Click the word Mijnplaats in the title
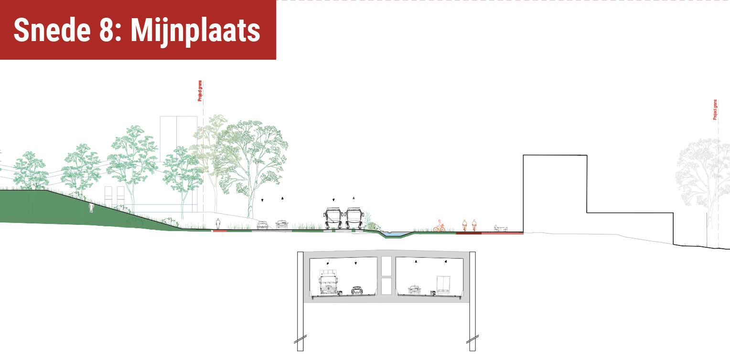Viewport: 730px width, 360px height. coord(195,31)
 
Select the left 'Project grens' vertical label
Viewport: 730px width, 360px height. coord(200,91)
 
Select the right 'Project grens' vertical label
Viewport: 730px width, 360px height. coord(715,110)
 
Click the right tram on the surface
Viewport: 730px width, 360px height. coord(354,219)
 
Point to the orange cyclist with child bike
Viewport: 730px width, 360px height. coord(439,227)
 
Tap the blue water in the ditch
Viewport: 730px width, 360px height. coord(394,234)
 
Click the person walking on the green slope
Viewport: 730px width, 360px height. coord(91,208)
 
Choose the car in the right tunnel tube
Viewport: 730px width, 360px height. coord(414,289)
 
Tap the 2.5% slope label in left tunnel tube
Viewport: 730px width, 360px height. coord(339,292)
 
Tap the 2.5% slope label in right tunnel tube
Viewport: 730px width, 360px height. coord(433,292)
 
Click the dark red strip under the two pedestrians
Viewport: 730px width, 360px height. coord(468,233)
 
